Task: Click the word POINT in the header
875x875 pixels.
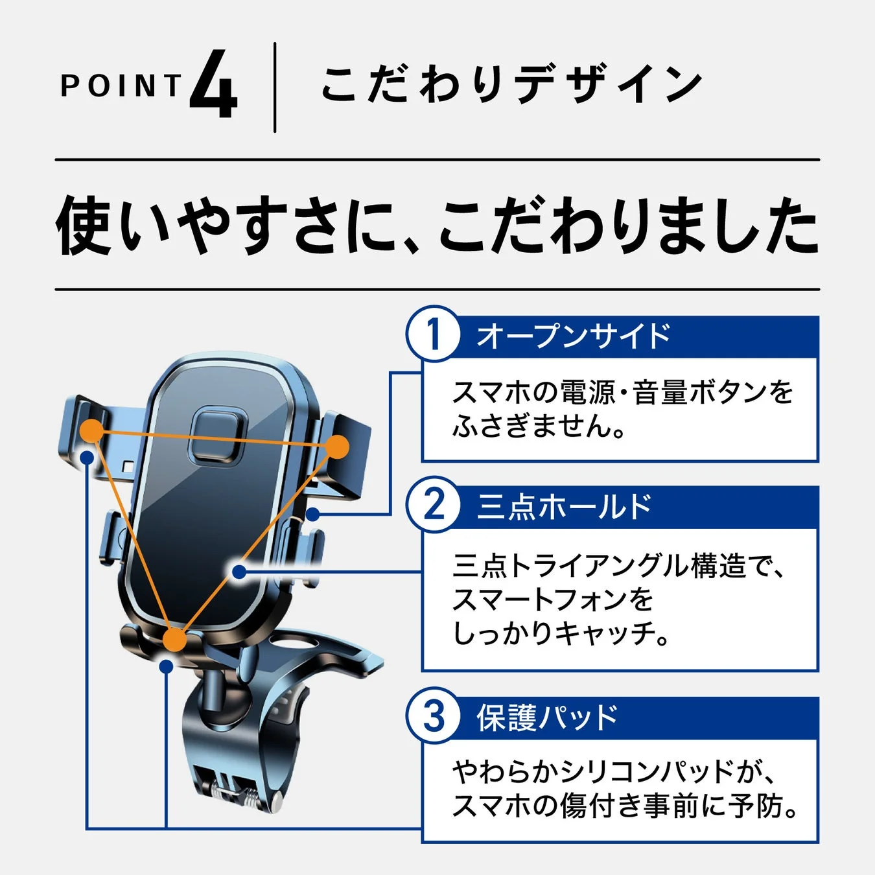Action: (121, 86)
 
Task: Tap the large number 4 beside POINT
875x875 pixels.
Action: (213, 86)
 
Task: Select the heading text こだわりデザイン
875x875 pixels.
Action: (511, 86)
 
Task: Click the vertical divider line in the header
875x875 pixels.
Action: (275, 87)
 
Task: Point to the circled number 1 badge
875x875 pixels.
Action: (433, 334)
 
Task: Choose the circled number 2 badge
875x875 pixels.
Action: (433, 505)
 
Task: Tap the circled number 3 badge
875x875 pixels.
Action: (433, 716)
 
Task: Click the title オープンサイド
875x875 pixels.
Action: (573, 336)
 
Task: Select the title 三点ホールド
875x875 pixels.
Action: (564, 506)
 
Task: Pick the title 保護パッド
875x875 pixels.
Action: (548, 717)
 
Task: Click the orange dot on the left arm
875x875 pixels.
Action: (92, 430)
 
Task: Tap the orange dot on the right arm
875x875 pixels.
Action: (337, 447)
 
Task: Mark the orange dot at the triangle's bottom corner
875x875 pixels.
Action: (174, 640)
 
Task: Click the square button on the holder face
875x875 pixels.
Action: (217, 434)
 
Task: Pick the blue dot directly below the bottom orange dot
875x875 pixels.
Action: (167, 666)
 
